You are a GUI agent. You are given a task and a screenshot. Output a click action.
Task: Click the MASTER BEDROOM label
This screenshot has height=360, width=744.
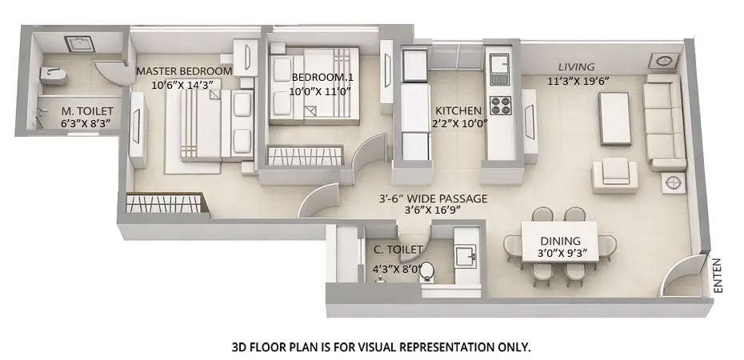184,70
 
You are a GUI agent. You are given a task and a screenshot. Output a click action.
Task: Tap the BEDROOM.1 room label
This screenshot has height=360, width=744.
316,77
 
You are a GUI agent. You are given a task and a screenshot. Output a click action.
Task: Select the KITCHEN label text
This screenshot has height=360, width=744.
458,110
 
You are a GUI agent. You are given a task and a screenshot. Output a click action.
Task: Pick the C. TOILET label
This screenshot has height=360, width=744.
398,250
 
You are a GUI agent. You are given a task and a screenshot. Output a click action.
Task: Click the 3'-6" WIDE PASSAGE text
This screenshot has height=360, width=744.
433,198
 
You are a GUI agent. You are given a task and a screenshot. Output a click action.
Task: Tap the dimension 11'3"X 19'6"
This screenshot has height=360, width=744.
579,80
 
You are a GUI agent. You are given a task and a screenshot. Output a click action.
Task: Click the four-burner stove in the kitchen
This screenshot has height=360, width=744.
501,106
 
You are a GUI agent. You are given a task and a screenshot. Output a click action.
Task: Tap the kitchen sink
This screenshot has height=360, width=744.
499,63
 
